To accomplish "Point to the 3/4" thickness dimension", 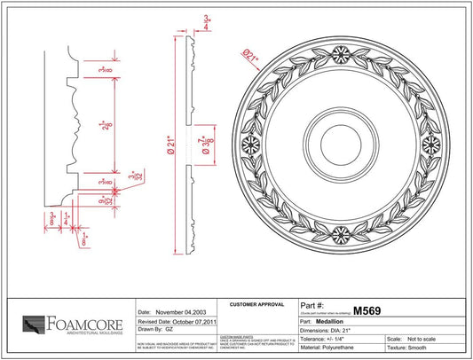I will [207, 23].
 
